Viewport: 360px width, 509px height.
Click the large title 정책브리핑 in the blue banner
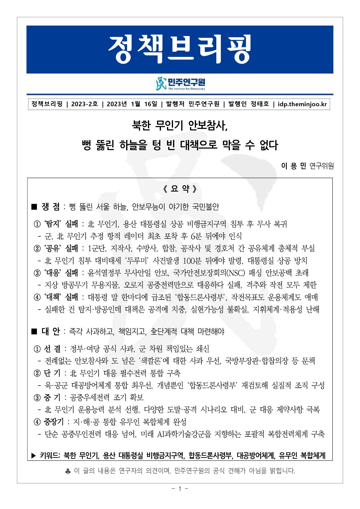(x=180, y=49)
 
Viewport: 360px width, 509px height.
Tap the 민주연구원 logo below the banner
(x=180, y=84)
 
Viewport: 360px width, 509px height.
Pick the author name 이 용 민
(x=293, y=166)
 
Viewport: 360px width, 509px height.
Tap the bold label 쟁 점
(x=51, y=207)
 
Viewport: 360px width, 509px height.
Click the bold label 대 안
(x=51, y=332)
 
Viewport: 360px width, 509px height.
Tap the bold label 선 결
(x=52, y=349)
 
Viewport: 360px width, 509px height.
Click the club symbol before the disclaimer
(x=68, y=471)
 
